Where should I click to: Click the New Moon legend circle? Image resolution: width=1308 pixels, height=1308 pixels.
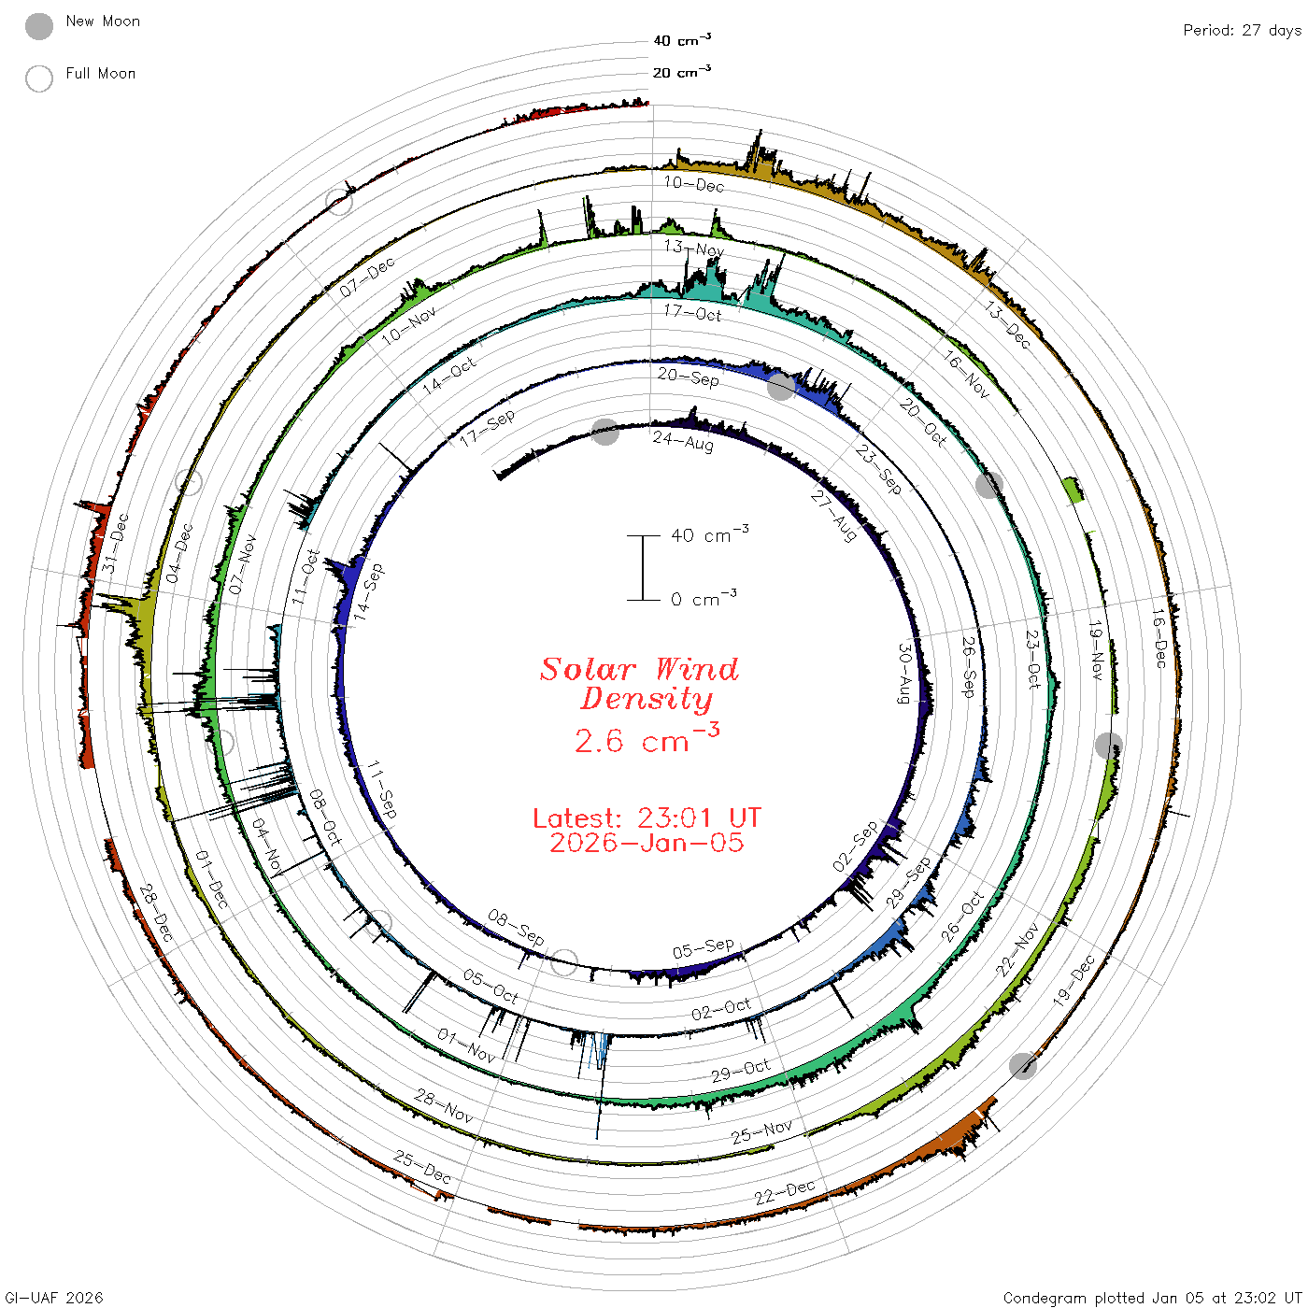pyautogui.click(x=38, y=26)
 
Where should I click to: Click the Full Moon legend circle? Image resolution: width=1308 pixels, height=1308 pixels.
pyautogui.click(x=38, y=78)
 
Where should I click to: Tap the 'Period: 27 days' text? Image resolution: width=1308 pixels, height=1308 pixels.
pyautogui.click(x=1242, y=31)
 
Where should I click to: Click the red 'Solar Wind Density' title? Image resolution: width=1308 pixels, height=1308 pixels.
pyautogui.click(x=639, y=684)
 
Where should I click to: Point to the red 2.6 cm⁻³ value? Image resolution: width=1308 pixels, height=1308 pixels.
pyautogui.click(x=647, y=739)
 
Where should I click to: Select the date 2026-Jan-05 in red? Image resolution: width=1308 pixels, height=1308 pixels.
pyautogui.click(x=647, y=843)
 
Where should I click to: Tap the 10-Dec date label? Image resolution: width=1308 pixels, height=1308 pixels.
pyautogui.click(x=694, y=184)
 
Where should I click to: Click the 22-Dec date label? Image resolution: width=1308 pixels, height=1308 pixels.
pyautogui.click(x=784, y=1192)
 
